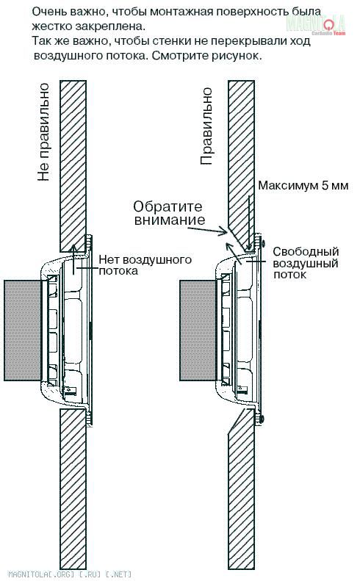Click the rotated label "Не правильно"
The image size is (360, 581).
[x=43, y=132]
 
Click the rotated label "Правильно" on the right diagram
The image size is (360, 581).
[x=206, y=126]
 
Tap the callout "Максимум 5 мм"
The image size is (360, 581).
[x=303, y=185]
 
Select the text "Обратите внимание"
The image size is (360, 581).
[x=169, y=213]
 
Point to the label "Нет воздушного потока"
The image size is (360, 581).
[x=145, y=265]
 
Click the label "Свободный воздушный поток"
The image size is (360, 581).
[x=306, y=263]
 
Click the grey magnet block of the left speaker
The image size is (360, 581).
[x=22, y=330]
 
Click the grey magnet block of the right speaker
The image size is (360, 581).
[x=198, y=330]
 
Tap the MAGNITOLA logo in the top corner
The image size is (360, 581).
[x=316, y=25]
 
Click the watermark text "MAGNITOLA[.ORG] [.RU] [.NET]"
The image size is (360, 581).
[x=70, y=574]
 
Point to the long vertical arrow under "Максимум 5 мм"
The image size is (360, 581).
[x=249, y=222]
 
